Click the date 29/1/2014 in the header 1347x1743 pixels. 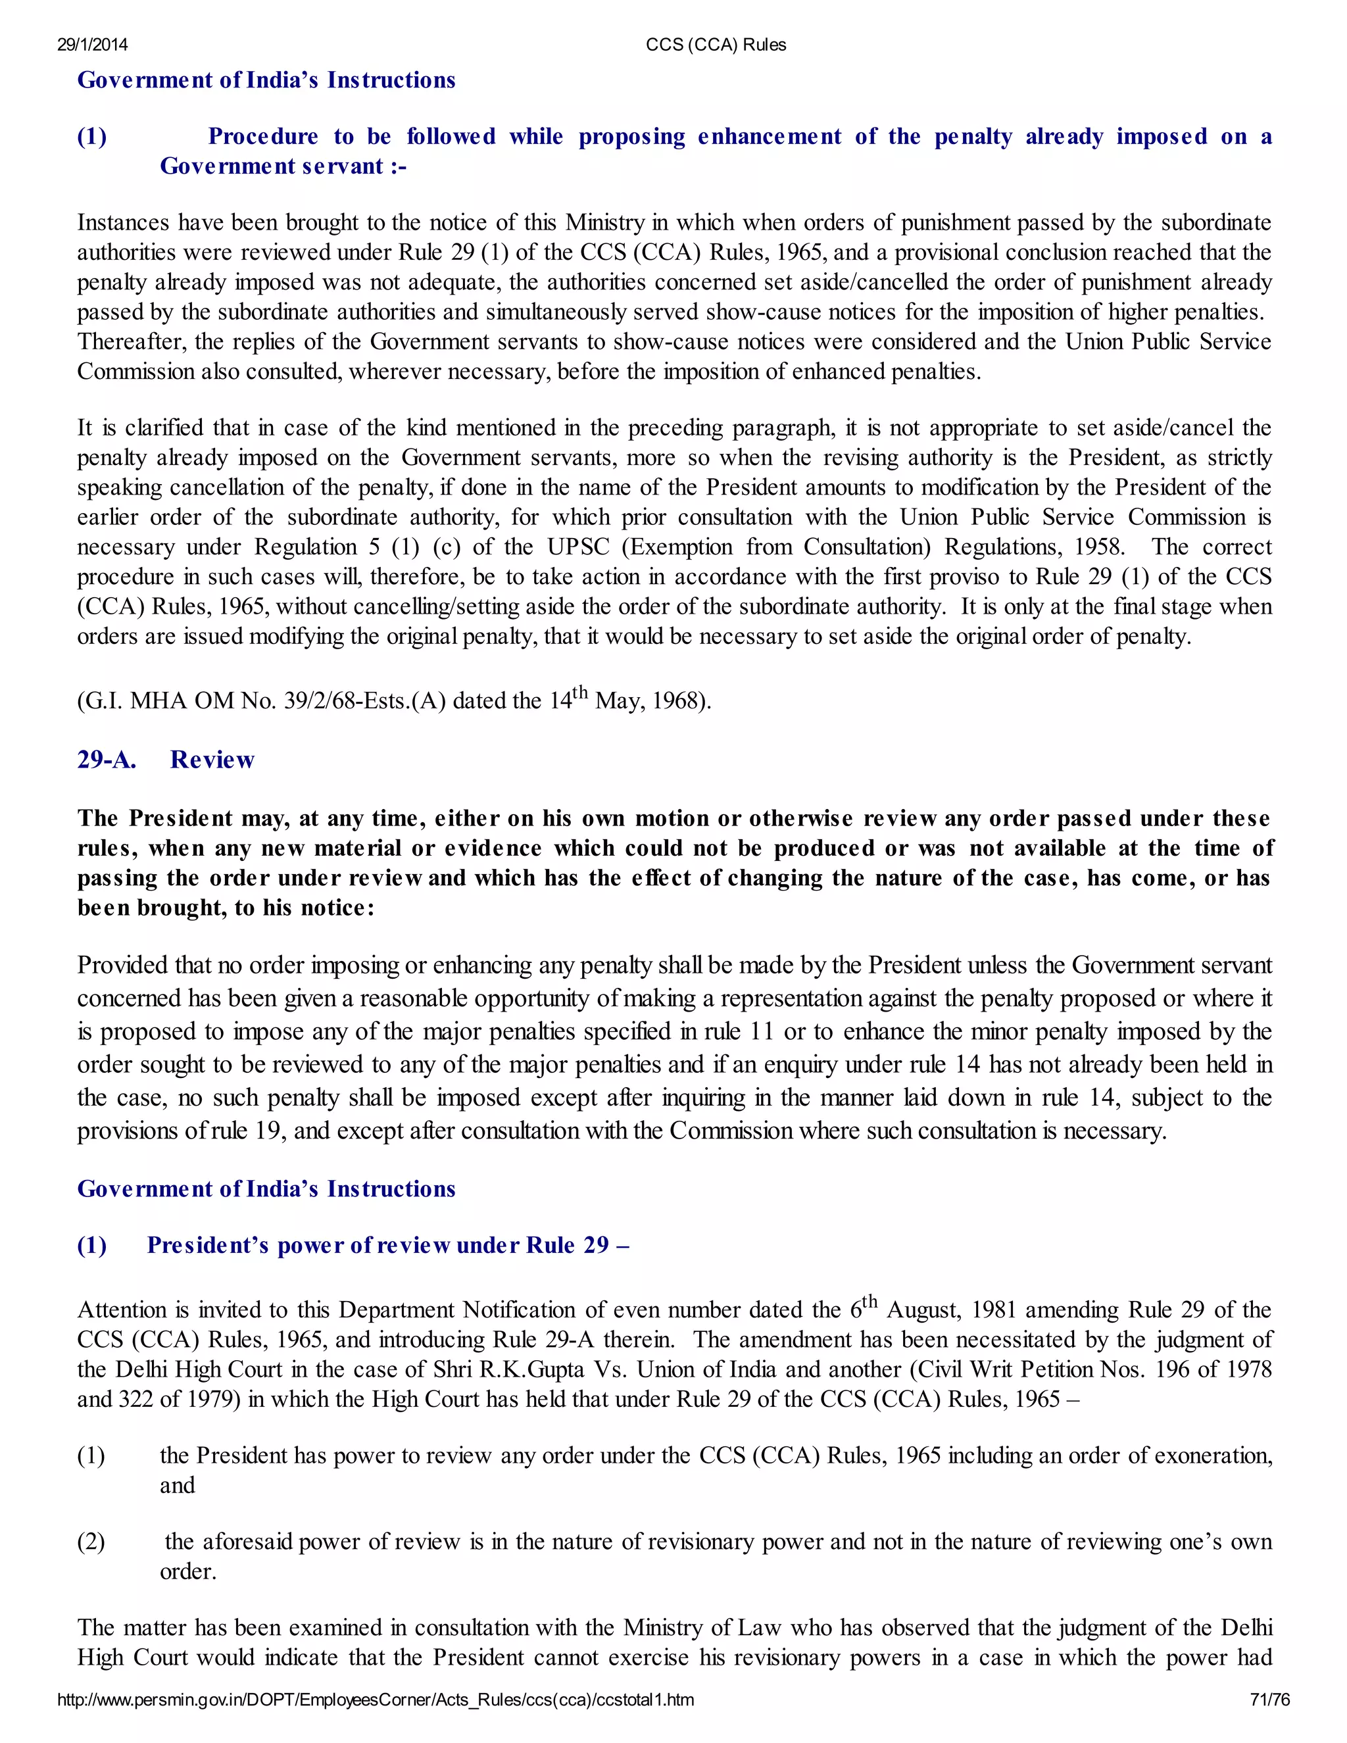pyautogui.click(x=92, y=45)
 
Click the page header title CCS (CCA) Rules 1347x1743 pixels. pyautogui.click(x=716, y=45)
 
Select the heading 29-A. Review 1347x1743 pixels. pyautogui.click(x=165, y=759)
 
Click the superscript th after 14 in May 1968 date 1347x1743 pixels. pyautogui.click(x=580, y=691)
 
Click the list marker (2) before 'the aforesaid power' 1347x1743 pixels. pyautogui.click(x=91, y=1541)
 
